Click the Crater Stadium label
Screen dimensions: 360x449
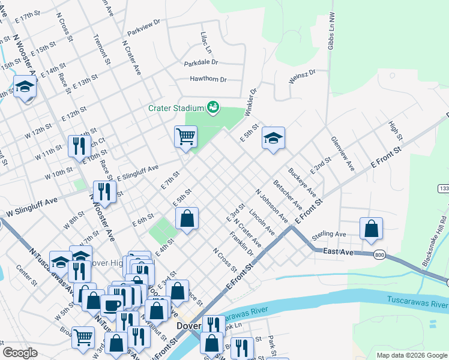(176, 109)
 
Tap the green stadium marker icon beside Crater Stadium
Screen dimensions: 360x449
(212, 108)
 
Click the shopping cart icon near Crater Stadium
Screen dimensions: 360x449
(186, 136)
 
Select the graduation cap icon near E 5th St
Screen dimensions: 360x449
(273, 139)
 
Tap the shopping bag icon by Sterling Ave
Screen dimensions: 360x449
(372, 228)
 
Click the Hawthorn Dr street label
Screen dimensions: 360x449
(208, 79)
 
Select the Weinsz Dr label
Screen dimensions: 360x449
(301, 77)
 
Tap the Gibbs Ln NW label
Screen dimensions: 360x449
(331, 36)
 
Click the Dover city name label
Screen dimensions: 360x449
(188, 326)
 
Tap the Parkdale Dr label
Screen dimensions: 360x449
(201, 62)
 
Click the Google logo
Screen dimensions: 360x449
(20, 353)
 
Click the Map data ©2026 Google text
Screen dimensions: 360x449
(411, 355)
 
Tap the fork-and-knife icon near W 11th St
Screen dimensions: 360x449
(79, 146)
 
